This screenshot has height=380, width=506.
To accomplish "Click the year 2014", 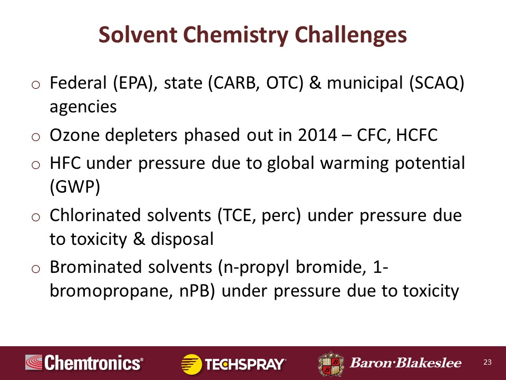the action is (317, 135).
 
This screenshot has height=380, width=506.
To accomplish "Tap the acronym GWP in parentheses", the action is (75, 187).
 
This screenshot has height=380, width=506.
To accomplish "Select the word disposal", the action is (182, 239).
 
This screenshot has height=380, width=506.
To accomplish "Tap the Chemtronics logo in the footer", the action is (84, 363).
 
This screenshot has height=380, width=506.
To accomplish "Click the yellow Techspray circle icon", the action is (191, 364).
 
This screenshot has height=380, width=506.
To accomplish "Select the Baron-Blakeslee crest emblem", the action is (331, 364).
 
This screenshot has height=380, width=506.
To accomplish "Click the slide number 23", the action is (487, 362).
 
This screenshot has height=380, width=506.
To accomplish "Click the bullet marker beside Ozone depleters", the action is (36, 137).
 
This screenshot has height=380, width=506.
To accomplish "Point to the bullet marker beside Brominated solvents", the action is (36, 269).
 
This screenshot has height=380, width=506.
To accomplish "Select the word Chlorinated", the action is (95, 215).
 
